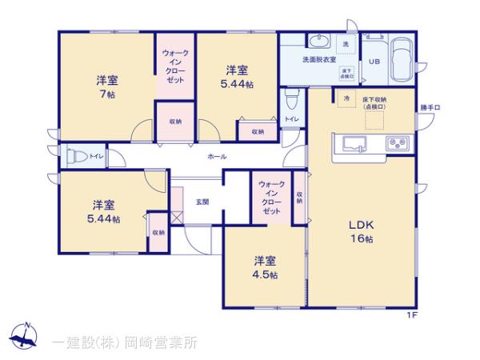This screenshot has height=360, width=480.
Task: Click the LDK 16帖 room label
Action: pyautogui.click(x=360, y=231)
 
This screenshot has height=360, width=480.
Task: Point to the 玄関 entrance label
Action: pyautogui.click(x=202, y=202)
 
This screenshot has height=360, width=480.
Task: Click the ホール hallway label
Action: pyautogui.click(x=216, y=156)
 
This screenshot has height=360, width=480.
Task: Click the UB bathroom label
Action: pyautogui.click(x=374, y=62)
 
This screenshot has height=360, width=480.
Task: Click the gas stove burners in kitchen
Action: pyautogui.click(x=397, y=145)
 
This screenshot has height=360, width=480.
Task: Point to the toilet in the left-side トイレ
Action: pyautogui.click(x=75, y=155)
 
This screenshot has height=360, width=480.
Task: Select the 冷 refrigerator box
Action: pyautogui.click(x=346, y=98)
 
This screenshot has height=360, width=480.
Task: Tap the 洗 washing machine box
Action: pyautogui.click(x=347, y=42)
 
